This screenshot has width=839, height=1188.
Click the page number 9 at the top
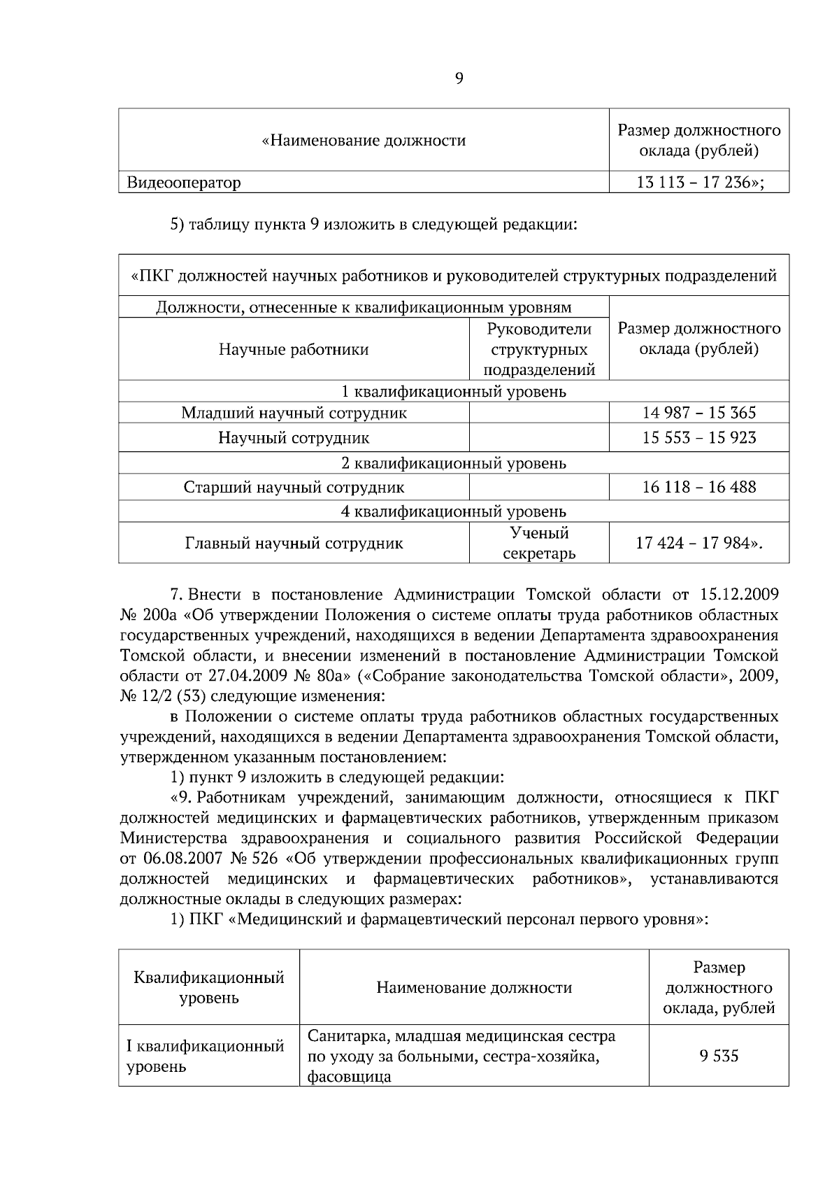[459, 79]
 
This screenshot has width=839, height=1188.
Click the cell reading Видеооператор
[184, 183]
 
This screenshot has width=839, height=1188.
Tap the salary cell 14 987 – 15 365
[698, 413]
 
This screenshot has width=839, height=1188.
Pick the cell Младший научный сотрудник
[294, 413]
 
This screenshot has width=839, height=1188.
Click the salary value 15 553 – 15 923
[698, 438]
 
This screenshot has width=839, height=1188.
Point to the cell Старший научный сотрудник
[294, 487]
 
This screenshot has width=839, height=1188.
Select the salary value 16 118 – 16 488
[698, 487]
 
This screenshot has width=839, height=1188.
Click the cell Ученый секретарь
[539, 544]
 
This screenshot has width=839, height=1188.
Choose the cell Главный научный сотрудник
[294, 544]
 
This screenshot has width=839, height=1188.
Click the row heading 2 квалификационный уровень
[453, 463]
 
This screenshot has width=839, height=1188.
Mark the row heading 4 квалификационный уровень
[453, 511]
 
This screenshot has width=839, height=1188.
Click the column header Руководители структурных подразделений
[539, 349]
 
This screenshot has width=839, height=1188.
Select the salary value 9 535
[719, 1056]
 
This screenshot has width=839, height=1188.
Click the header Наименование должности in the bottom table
[474, 987]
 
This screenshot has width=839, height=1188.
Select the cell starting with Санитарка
[461, 1056]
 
